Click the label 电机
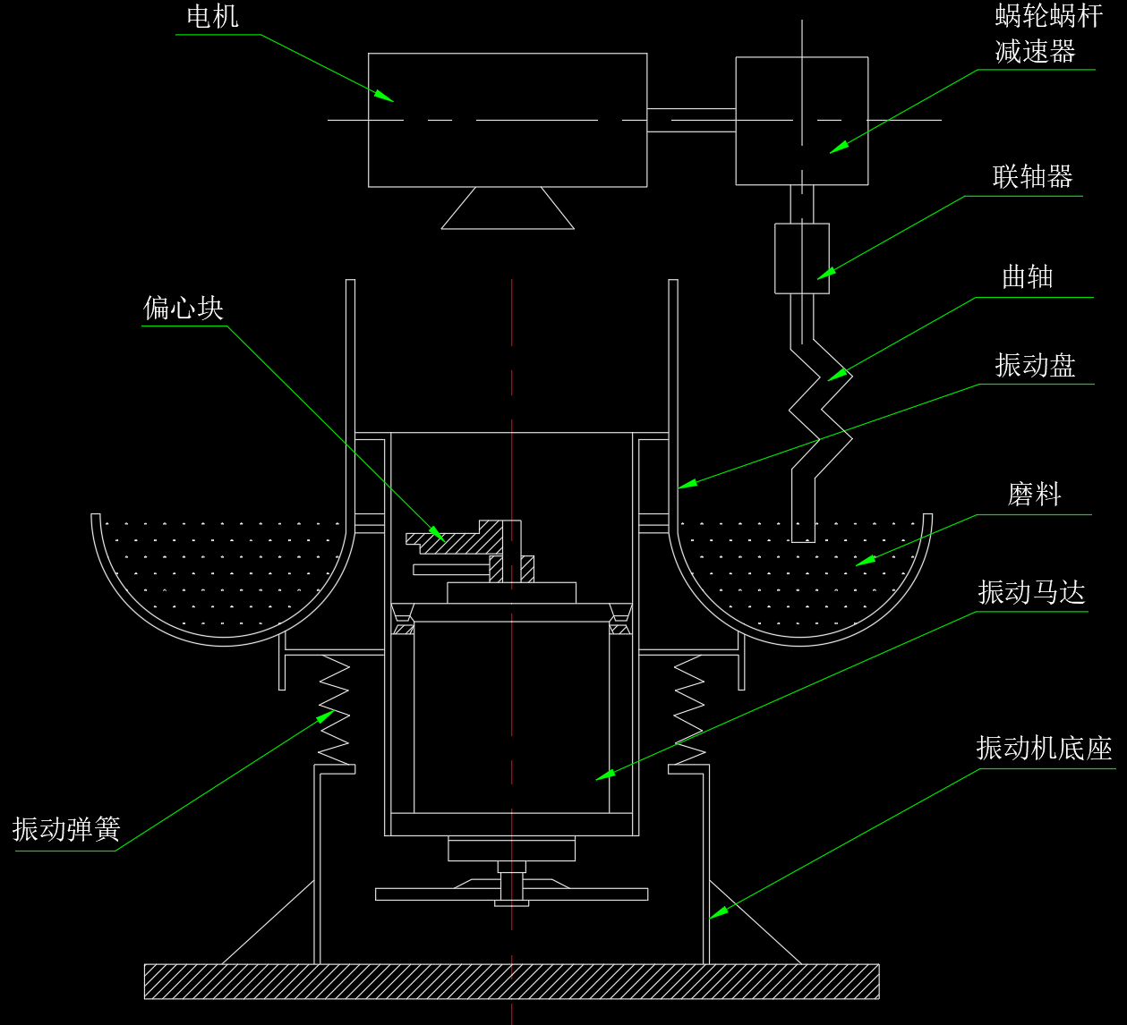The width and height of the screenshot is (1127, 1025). pyautogui.click(x=212, y=17)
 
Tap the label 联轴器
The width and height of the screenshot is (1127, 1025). pyautogui.click(x=1032, y=177)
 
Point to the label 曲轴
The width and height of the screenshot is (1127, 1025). pyautogui.click(x=1027, y=277)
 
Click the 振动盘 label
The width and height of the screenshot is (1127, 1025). pyautogui.click(x=1035, y=366)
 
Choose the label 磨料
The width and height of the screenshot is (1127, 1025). pyautogui.click(x=1034, y=495)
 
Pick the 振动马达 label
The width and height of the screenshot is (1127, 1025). pyautogui.click(x=1031, y=592)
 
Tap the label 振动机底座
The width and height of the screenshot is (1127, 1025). pyautogui.click(x=1044, y=749)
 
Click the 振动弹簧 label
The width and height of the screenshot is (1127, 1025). pyautogui.click(x=66, y=829)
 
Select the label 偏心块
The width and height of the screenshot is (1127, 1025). pyautogui.click(x=184, y=309)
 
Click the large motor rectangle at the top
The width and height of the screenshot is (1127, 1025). pyautogui.click(x=508, y=120)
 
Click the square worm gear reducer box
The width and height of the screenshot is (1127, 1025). pyautogui.click(x=801, y=121)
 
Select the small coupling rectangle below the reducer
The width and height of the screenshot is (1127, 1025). pyautogui.click(x=801, y=258)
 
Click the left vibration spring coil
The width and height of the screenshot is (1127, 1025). pyautogui.click(x=334, y=711)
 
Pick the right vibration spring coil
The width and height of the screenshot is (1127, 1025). pyautogui.click(x=688, y=711)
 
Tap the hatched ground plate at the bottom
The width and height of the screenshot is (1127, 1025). pyautogui.click(x=511, y=981)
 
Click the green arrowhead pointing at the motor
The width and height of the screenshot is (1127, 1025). pyautogui.click(x=384, y=95)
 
